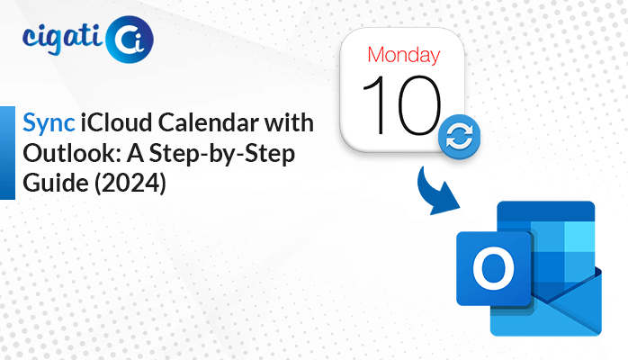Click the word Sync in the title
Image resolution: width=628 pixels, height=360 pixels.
(x=49, y=123)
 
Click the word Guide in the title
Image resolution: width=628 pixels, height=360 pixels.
(x=56, y=183)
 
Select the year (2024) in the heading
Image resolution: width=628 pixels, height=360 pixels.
(x=130, y=184)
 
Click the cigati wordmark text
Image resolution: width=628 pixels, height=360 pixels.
(x=63, y=39)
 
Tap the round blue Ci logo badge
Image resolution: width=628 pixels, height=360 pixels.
(x=129, y=40)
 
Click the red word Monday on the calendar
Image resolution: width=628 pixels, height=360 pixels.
(x=404, y=55)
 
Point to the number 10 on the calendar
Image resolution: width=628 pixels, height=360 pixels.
(x=401, y=105)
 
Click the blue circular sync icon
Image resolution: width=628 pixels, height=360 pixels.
(x=460, y=137)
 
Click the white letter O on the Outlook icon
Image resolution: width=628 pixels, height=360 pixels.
(x=493, y=268)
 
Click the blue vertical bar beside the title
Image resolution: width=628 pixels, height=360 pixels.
(x=7, y=153)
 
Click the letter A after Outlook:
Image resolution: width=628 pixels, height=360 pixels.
(x=135, y=153)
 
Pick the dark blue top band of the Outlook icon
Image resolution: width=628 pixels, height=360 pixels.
(x=546, y=211)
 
